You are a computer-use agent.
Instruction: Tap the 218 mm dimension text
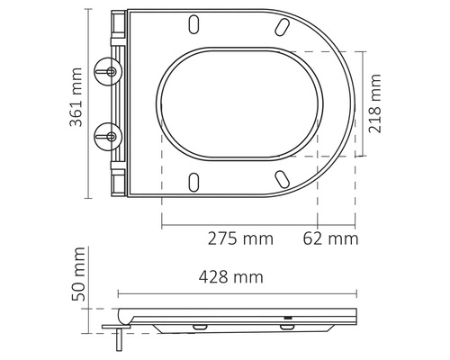pyautogui.click(x=376, y=103)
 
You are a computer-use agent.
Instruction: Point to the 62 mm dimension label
pyautogui.click(x=330, y=238)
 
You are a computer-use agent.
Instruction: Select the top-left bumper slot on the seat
pyautogui.click(x=195, y=22)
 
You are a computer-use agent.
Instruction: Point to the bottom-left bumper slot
pyautogui.click(x=195, y=183)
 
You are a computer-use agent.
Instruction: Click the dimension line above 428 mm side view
pyautogui.click(x=236, y=293)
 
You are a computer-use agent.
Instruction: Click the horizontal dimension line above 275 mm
pyautogui.click(x=239, y=224)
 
